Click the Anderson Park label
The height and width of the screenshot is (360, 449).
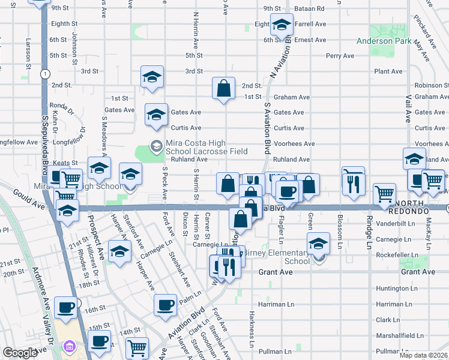(384, 41)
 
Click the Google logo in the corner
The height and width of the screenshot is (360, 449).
(19, 353)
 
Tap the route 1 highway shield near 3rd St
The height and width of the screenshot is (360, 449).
(45, 73)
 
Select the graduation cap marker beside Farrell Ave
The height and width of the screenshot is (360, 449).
(281, 25)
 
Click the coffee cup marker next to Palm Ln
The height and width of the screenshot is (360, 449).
(165, 305)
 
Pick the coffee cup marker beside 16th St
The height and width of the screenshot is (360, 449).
(66, 308)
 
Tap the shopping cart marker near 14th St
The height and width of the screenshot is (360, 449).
(137, 348)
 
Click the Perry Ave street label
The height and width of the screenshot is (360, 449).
(340, 56)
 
